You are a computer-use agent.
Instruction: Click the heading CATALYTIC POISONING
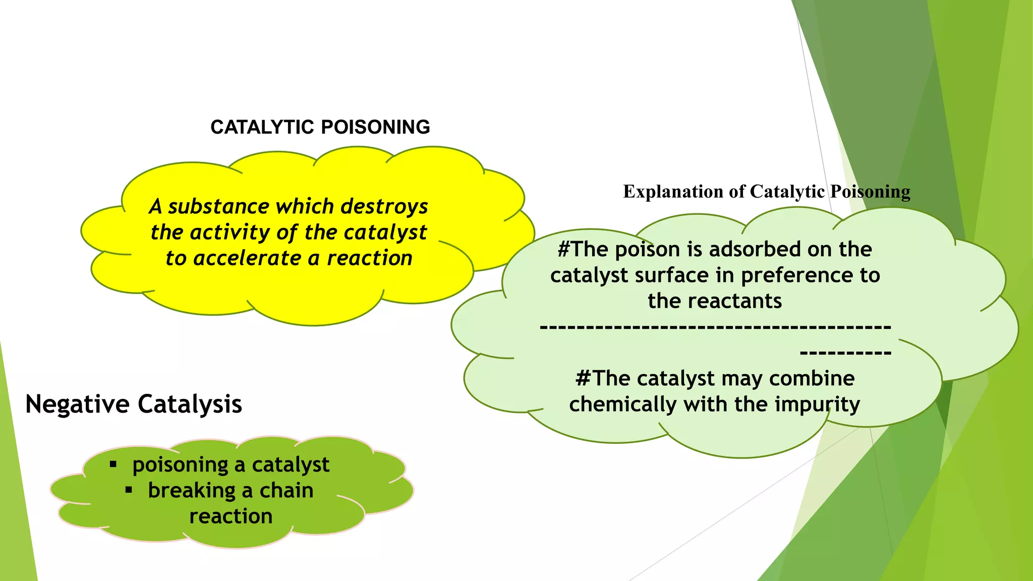[x=320, y=127]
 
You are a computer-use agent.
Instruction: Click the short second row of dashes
[x=845, y=353]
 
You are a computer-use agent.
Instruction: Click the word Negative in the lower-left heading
[x=77, y=404]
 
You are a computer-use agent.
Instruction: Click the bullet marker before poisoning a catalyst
[x=113, y=464]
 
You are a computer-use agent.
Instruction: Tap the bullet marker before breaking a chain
[x=129, y=490]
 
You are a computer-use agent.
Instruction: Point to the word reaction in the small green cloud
[x=231, y=516]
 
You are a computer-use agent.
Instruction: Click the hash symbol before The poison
[x=563, y=249]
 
